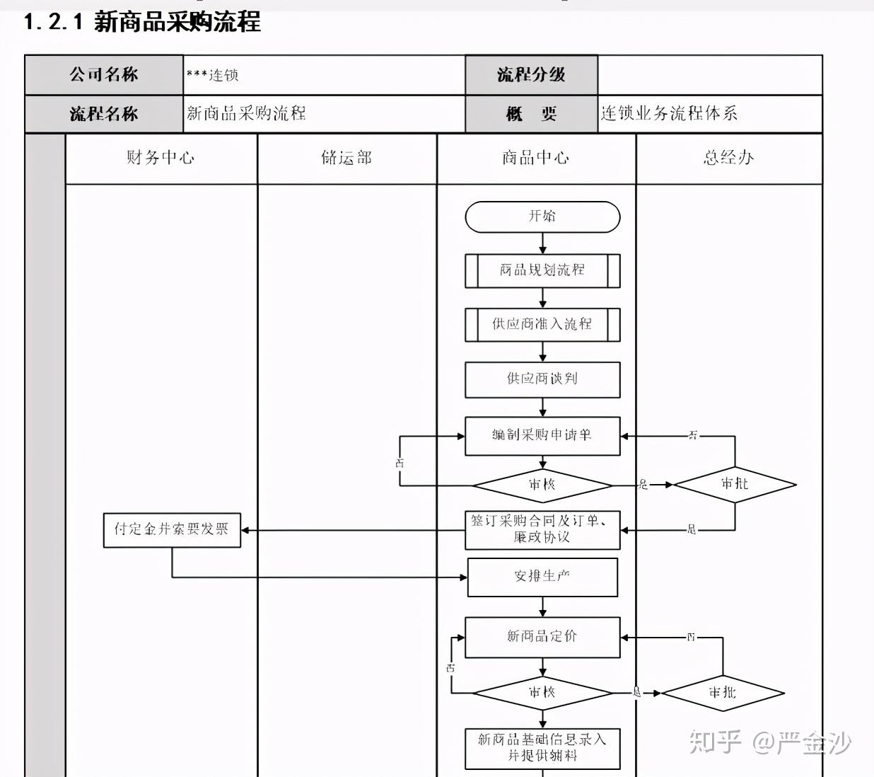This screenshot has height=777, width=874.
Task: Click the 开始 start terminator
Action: point(542,217)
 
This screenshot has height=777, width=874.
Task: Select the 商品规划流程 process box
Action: point(542,270)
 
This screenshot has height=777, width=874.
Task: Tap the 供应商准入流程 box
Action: point(542,324)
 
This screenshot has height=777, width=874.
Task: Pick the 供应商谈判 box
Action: point(542,379)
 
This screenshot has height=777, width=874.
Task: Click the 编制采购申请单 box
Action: point(542,435)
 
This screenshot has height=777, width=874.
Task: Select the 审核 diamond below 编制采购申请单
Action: point(542,485)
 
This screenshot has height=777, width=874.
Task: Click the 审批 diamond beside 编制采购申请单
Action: point(735,484)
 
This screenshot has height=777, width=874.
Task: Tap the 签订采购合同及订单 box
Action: point(542,529)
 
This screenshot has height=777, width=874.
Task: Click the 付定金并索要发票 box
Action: point(172,530)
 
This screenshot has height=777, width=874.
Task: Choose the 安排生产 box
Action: point(542,577)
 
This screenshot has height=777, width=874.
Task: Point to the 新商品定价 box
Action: point(542,637)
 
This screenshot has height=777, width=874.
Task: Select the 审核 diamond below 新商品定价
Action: point(542,693)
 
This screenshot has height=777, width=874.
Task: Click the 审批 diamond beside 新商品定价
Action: point(723,693)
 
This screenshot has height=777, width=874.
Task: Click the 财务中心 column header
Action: point(161,159)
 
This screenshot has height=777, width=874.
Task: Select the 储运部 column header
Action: point(346,159)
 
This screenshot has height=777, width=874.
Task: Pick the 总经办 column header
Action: point(729,159)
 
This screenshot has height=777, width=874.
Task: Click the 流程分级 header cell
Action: point(531,75)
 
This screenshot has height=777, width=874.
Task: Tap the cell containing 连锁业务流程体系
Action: point(709,114)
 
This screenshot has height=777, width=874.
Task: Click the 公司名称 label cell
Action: point(104,75)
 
